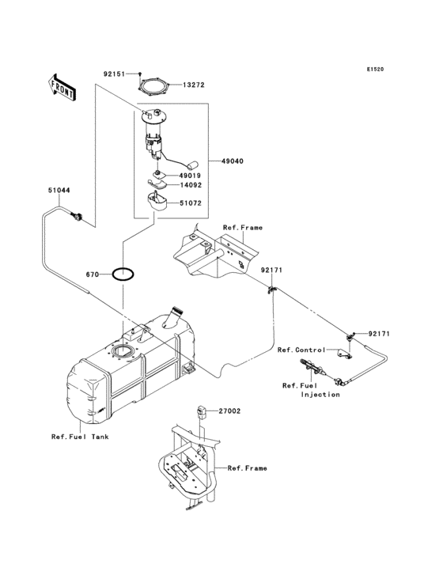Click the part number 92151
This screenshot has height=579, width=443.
[113, 74]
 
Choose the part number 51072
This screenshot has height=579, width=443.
[191, 204]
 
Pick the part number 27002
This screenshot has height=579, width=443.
[230, 412]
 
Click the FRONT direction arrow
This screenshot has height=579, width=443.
[62, 86]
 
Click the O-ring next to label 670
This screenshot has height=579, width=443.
[123, 274]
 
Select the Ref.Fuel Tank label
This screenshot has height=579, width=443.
[80, 437]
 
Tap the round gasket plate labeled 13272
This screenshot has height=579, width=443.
[153, 84]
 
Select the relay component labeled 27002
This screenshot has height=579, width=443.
[202, 411]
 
